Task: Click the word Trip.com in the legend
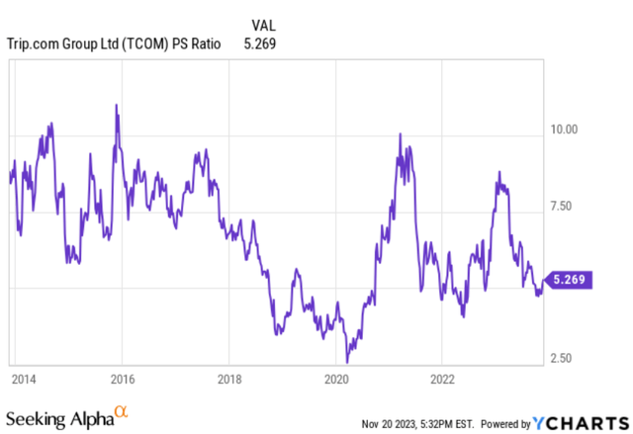[x=36, y=43]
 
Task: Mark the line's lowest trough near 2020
[x=347, y=362]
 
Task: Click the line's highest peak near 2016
[x=117, y=105]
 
